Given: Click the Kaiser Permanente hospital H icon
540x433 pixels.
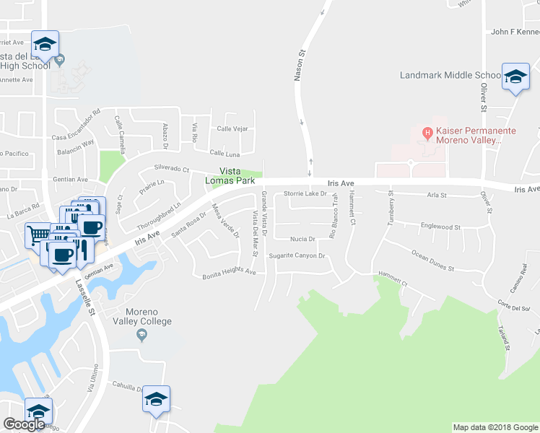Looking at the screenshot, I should click(x=427, y=132).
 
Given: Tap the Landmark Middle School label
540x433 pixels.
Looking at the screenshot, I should click(x=451, y=75).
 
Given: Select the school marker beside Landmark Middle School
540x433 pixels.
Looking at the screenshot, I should click(x=515, y=78).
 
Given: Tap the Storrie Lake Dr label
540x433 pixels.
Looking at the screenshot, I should click(x=305, y=193).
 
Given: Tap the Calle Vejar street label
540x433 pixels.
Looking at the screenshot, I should click(x=232, y=129).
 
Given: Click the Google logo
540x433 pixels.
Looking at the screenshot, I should click(x=23, y=424).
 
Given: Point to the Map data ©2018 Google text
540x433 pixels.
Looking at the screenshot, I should click(x=495, y=427).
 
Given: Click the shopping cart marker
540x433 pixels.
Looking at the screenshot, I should click(x=38, y=234).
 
